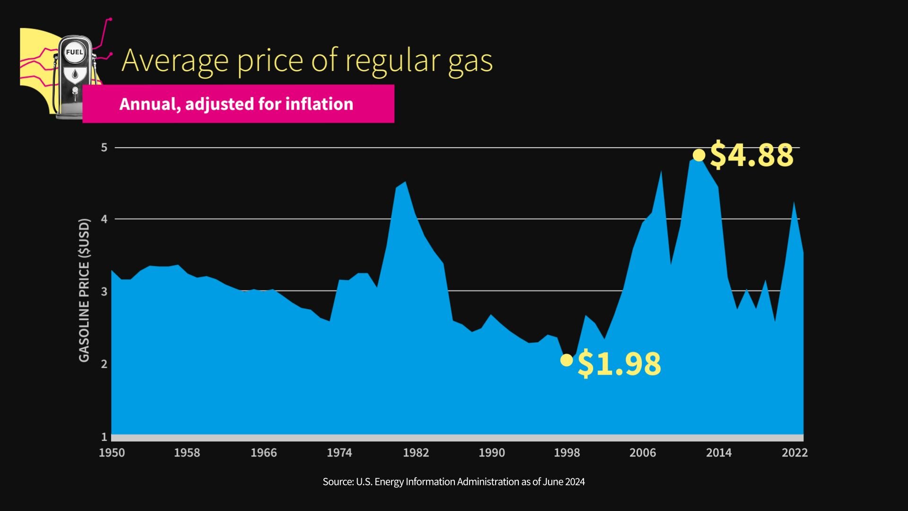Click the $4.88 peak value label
pyautogui.click(x=751, y=155)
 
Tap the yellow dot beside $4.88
pyautogui.click(x=698, y=155)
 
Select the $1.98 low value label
pyautogui.click(x=619, y=363)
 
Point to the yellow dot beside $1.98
pyautogui.click(x=566, y=360)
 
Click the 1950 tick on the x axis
pyautogui.click(x=112, y=452)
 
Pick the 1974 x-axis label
pyautogui.click(x=339, y=452)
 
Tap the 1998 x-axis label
pyautogui.click(x=567, y=452)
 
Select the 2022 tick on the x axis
pyautogui.click(x=794, y=452)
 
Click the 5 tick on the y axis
pyautogui.click(x=104, y=148)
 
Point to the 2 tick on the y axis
pyautogui.click(x=104, y=364)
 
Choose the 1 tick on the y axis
pyautogui.click(x=104, y=436)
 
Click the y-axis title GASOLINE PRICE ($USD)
pyautogui.click(x=84, y=291)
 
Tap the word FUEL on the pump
pyautogui.click(x=74, y=53)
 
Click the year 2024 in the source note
pyautogui.click(x=575, y=482)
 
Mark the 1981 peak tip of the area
pyautogui.click(x=405, y=182)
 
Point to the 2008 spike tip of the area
pyautogui.click(x=661, y=172)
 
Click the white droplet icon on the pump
pyautogui.click(x=75, y=74)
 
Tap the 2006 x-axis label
pyautogui.click(x=642, y=452)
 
